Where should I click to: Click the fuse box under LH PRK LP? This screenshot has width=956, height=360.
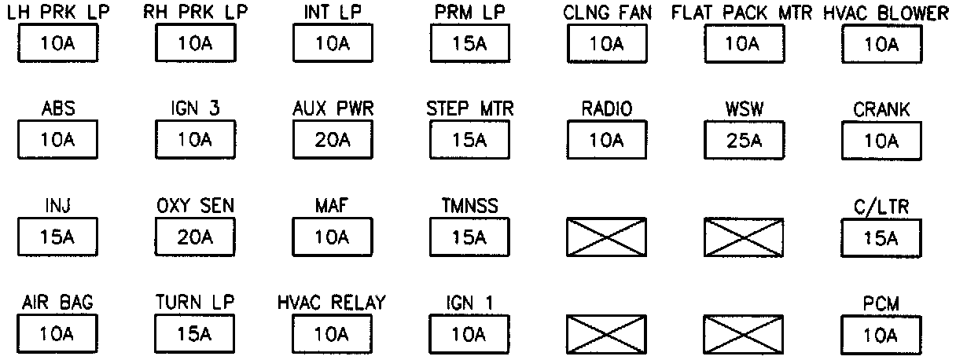pos(58,44)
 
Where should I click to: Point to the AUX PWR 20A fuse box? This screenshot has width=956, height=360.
pos(332,141)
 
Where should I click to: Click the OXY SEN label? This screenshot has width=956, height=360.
pos(195,207)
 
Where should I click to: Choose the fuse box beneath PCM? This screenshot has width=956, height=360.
pos(881,334)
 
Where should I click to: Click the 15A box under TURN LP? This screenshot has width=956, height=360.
pos(195,334)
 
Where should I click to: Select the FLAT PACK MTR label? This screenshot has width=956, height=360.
pos(742,14)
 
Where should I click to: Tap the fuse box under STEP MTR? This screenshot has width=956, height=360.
pos(469,141)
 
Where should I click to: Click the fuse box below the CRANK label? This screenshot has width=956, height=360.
pos(881,141)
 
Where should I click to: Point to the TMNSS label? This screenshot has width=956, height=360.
pos(469,207)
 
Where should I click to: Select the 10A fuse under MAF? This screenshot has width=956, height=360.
pos(332,237)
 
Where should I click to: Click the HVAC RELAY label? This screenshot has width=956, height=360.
pos(332,303)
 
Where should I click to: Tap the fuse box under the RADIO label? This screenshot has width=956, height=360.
pos(605,141)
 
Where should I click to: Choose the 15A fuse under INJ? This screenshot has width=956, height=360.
pos(58,237)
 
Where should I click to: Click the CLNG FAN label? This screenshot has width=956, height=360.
pos(607,14)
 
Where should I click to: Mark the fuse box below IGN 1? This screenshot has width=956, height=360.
pos(469,334)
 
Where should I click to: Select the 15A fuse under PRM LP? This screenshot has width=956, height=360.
pos(469,44)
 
